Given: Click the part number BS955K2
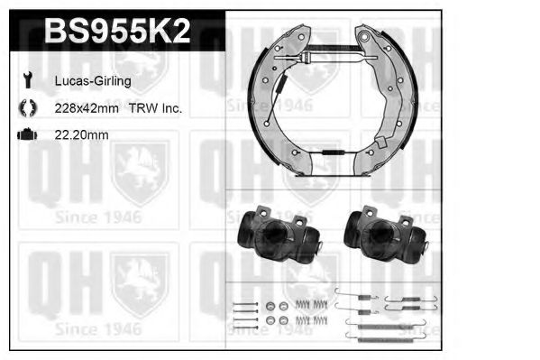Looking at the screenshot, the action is (x=117, y=31).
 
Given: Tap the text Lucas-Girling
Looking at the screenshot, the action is (x=93, y=81).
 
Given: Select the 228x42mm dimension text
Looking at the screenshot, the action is (x=87, y=108).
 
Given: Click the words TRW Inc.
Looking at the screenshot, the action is (x=155, y=108).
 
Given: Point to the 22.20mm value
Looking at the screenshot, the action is (x=82, y=134).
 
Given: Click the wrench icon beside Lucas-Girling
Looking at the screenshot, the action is (x=28, y=80).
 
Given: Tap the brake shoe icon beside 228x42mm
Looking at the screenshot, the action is (x=28, y=107).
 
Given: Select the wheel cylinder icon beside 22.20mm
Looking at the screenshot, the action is (x=27, y=134).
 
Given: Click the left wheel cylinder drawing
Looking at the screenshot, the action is (x=279, y=234).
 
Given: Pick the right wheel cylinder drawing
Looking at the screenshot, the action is (x=386, y=234).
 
